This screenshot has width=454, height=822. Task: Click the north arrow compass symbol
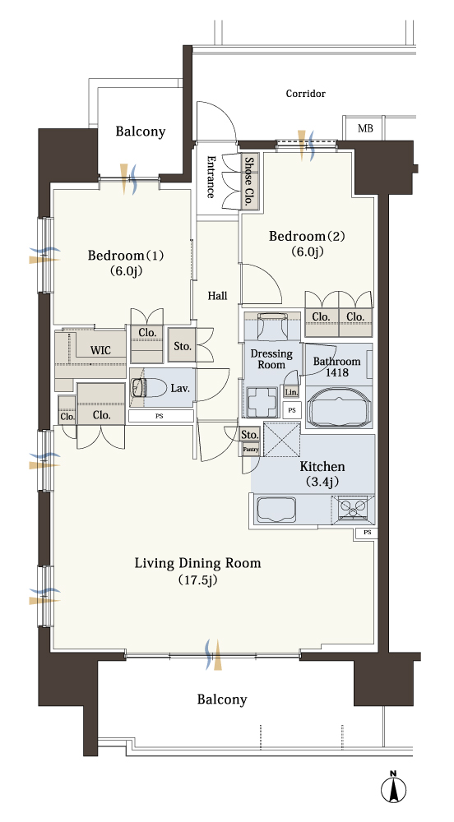coord(394,788)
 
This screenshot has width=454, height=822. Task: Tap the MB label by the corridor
coord(365,128)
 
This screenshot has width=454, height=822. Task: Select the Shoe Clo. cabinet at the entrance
coord(250,182)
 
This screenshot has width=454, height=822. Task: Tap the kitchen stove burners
coord(353,507)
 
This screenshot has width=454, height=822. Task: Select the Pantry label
coord(250,450)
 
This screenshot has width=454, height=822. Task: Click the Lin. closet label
coord(291,391)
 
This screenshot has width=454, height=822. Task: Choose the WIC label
coord(100,350)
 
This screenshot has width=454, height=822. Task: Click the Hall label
coord(218,296)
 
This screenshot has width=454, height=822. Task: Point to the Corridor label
coord(306,94)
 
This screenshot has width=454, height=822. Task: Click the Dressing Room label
coord(271,359)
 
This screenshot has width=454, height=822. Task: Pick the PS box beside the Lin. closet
coord(292,410)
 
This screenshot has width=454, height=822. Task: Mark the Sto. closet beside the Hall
coord(182,345)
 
